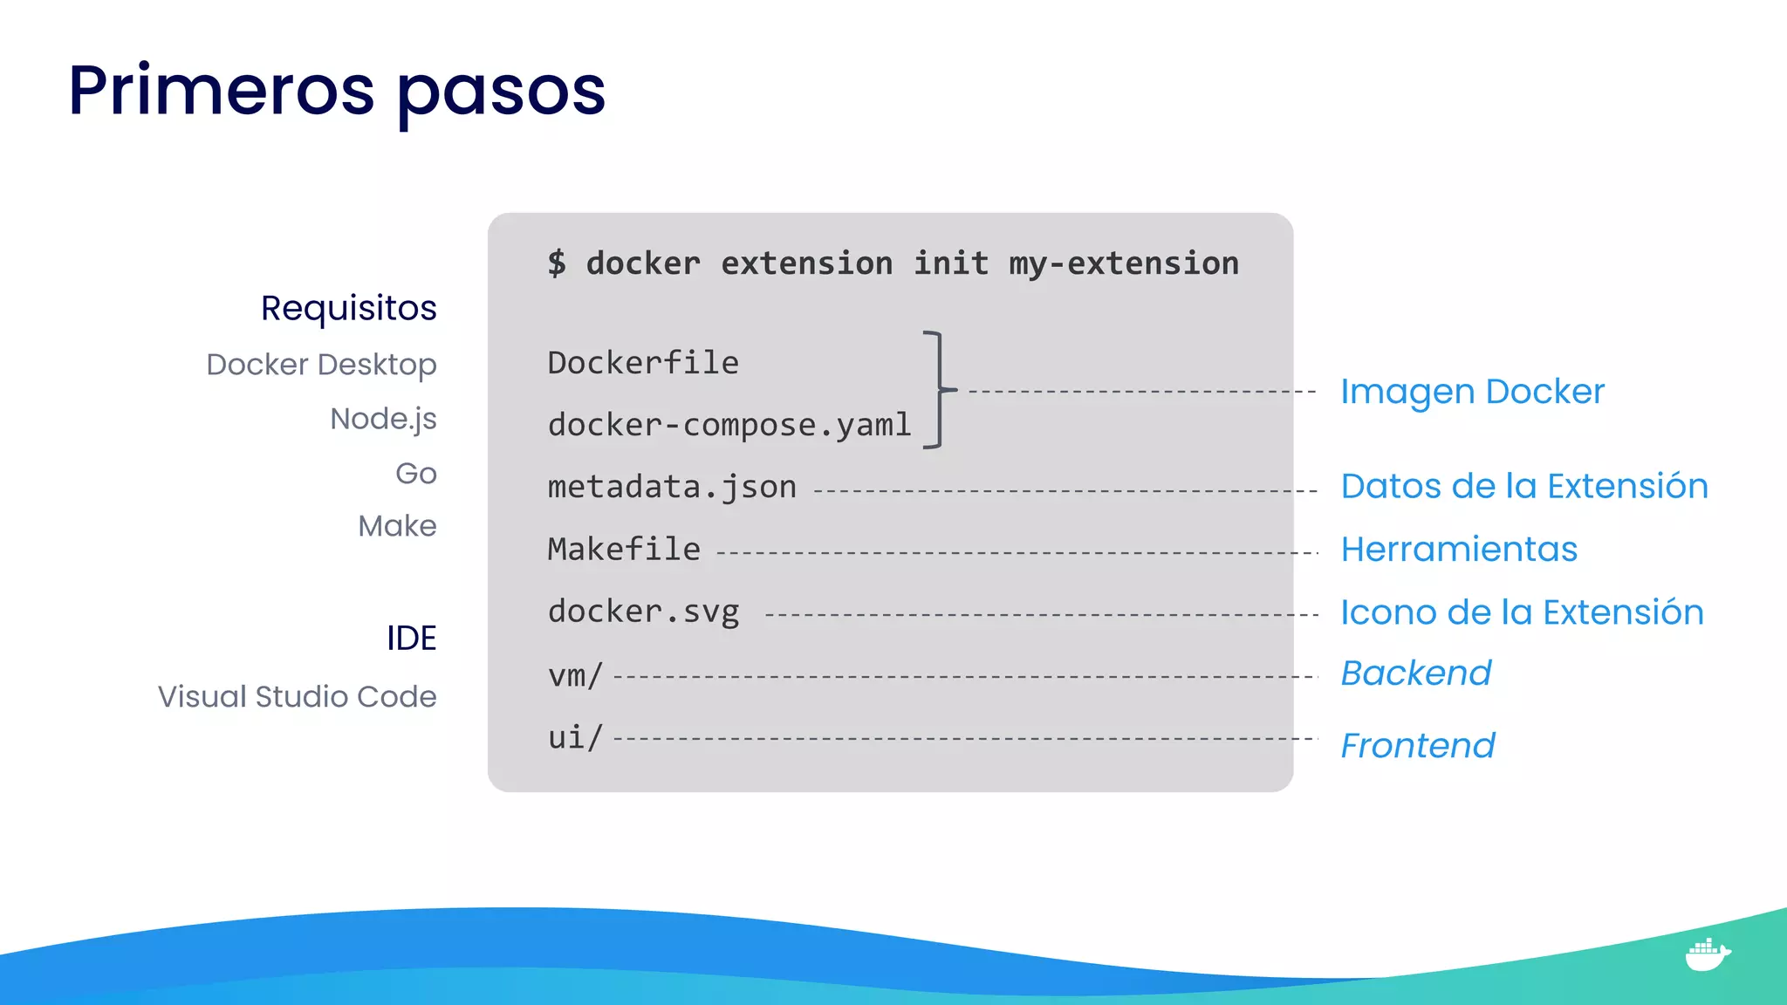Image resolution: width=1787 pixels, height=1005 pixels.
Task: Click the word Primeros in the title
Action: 222,91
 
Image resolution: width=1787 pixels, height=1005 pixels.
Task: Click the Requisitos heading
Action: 348,308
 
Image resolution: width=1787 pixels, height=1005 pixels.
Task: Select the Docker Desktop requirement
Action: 321,365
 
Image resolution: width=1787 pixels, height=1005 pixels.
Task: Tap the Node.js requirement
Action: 383,420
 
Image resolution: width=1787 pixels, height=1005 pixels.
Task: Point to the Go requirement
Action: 415,474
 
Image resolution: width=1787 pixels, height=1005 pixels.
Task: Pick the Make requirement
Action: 397,526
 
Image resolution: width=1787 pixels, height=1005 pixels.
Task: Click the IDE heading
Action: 411,639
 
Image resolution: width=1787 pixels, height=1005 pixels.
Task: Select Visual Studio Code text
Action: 297,697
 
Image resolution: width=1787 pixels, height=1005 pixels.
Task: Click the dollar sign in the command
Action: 557,263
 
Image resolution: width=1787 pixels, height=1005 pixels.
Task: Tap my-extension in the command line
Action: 1124,263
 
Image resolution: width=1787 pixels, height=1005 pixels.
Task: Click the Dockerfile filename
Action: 643,363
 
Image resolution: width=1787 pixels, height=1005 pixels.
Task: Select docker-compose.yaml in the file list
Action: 729,425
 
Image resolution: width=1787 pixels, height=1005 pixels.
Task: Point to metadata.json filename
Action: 672,487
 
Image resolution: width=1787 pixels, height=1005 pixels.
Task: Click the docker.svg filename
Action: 643,612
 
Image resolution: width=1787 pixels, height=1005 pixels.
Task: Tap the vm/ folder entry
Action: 575,675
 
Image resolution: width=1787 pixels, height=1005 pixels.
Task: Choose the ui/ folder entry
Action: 575,738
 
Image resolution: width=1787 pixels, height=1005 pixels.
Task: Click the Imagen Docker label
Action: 1472,392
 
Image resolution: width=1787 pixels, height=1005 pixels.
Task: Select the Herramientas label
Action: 1459,550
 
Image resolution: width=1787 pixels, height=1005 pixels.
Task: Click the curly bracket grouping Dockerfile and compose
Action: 938,389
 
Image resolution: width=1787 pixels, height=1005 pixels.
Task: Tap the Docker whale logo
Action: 1707,954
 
